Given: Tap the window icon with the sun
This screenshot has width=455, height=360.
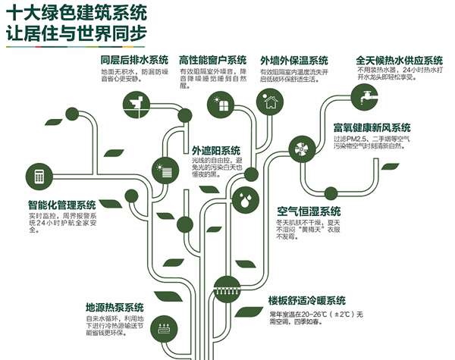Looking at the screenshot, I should point(221,105).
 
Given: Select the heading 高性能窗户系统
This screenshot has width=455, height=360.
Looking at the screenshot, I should point(213,60).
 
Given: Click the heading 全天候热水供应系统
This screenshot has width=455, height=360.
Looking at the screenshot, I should point(399,60).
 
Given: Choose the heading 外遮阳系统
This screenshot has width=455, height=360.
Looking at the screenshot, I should point(215,150).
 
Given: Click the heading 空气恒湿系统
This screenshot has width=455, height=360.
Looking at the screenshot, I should point(309,210).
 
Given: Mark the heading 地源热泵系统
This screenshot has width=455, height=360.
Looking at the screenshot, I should point(114,307).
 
